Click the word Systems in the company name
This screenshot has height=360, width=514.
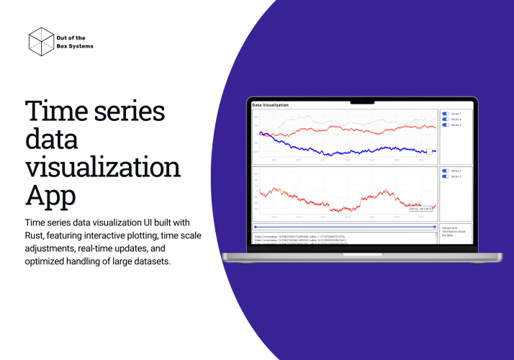(78, 46)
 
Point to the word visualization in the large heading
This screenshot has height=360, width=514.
(103, 168)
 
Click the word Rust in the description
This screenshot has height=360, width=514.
(38, 235)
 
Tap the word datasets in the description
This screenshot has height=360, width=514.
(148, 261)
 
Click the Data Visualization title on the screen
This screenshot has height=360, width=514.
(270, 105)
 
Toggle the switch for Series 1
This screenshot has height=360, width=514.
(446, 114)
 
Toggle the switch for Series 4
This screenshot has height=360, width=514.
(446, 120)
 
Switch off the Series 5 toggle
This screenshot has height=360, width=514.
(446, 125)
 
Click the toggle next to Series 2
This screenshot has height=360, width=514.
(446, 171)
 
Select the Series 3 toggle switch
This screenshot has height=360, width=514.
(446, 176)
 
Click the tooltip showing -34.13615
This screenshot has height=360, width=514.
(421, 209)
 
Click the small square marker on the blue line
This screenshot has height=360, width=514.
(430, 151)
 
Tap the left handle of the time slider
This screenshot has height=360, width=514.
(254, 227)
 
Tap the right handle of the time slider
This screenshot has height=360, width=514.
(436, 227)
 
